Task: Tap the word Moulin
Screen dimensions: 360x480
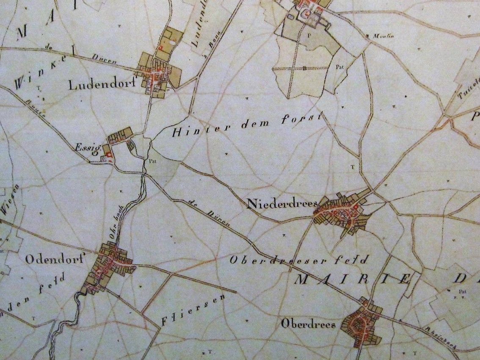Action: click(x=383, y=36)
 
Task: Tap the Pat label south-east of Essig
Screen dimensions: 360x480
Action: click(x=151, y=161)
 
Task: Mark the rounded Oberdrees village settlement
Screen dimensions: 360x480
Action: click(x=360, y=324)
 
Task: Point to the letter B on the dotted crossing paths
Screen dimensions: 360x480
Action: click(x=304, y=68)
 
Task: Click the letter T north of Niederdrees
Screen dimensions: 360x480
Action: click(x=352, y=167)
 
